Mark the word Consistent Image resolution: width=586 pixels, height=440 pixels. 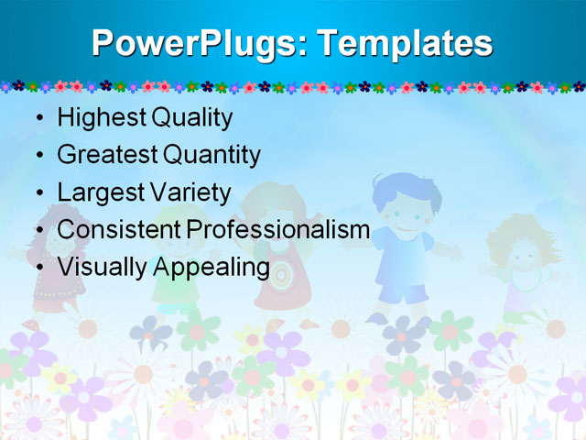tap(118, 230)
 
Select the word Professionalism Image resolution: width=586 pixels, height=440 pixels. tap(277, 230)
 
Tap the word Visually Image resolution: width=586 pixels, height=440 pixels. tap(102, 268)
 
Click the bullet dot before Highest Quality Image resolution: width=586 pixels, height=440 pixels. tap(37, 119)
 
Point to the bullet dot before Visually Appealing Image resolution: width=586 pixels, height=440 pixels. tap(37, 268)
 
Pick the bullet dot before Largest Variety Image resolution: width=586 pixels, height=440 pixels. tap(37, 193)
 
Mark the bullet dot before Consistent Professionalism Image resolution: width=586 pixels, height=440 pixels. tap(37, 231)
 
